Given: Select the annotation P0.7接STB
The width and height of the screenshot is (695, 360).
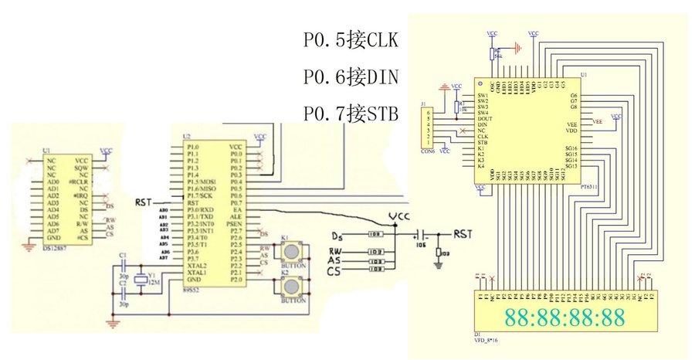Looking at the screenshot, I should tap(351, 114).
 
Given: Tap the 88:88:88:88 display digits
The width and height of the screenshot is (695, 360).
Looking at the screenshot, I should tap(564, 317).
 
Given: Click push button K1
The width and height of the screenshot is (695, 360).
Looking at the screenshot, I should tap(291, 252).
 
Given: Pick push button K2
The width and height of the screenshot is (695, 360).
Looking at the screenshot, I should tap(291, 287).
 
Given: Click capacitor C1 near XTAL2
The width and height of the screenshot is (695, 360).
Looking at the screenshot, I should tap(124, 260).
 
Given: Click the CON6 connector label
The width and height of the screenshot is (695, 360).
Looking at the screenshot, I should tap(425, 151).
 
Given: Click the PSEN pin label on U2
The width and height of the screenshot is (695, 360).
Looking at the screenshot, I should tap(236, 224).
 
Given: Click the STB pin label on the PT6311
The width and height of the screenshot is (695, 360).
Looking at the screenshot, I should tap(483, 142).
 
